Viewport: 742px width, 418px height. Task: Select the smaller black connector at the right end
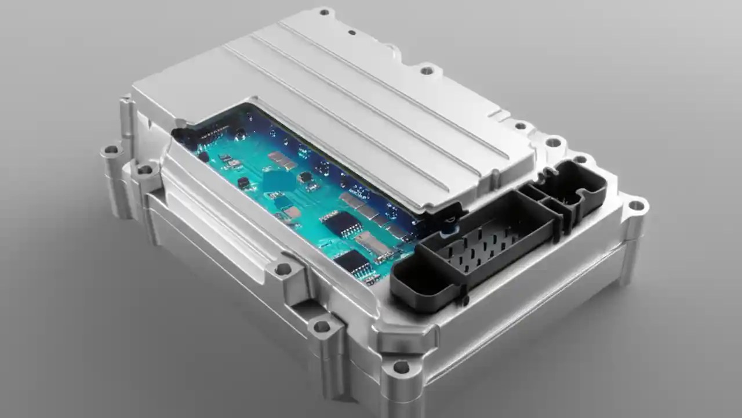(x=571, y=189)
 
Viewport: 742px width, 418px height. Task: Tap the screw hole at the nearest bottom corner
(x=401, y=366)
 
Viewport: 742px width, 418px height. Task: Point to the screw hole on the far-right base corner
(x=636, y=205)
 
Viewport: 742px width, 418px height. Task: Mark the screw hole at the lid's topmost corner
(x=324, y=11)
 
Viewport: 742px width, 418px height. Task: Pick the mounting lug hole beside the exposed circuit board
(x=282, y=269)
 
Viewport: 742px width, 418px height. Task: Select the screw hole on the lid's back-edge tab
(x=427, y=71)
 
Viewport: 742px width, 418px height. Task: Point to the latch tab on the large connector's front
(x=464, y=300)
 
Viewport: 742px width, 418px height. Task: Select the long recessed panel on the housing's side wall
(x=220, y=244)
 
